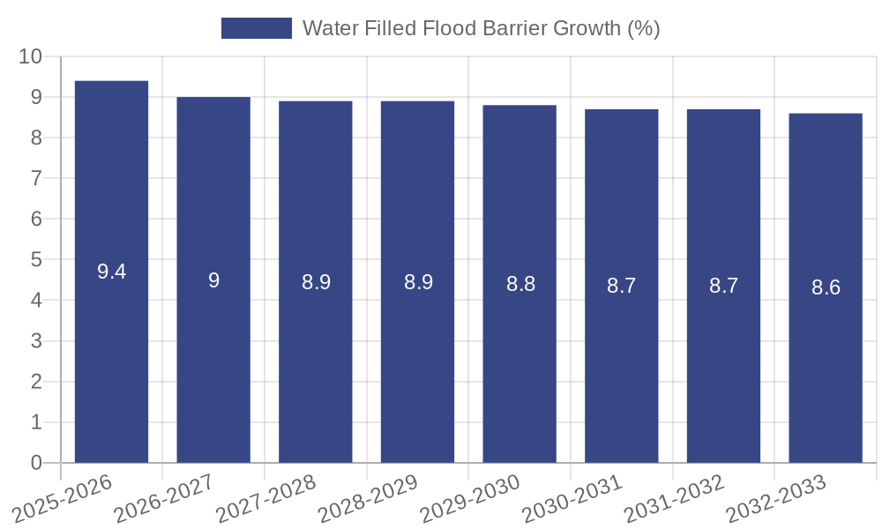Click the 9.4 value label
(111, 272)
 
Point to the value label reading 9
(213, 280)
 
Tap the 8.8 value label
(520, 285)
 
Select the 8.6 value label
(826, 287)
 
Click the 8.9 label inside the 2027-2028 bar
(316, 282)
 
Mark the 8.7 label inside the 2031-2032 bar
(723, 286)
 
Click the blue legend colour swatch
(256, 28)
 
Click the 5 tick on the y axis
(36, 260)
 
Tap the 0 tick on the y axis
(36, 463)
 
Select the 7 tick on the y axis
(36, 178)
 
